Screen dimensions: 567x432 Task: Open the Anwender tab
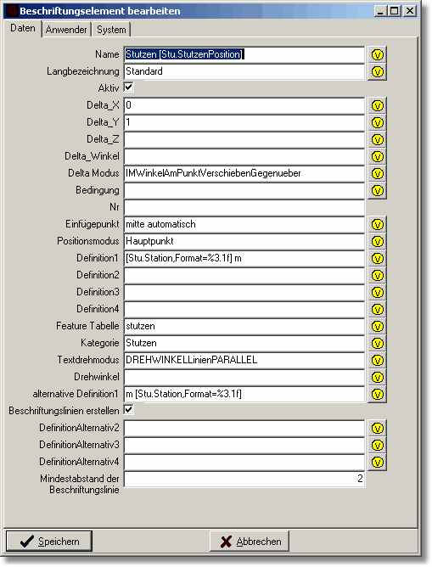tap(66, 29)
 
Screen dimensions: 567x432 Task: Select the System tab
tap(110, 29)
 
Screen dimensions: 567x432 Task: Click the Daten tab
tap(23, 28)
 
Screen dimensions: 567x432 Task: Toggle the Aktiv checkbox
tap(129, 87)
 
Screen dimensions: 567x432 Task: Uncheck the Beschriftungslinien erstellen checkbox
tap(129, 410)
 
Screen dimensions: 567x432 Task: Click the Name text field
tap(244, 54)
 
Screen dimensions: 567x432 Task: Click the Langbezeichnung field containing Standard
tap(244, 71)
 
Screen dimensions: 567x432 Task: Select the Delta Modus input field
tap(244, 173)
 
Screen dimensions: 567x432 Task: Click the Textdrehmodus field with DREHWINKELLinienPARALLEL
tap(244, 360)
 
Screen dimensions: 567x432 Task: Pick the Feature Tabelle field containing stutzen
tap(244, 326)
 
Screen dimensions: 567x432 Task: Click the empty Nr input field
tap(244, 207)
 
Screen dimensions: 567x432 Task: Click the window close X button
tap(409, 11)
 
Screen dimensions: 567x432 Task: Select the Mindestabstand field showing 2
tap(244, 479)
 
